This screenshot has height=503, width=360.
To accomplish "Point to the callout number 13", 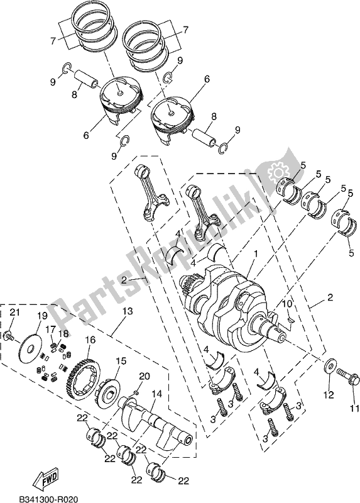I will pyautogui.click(x=128, y=311).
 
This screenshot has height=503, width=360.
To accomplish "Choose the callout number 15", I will pyautogui.click(x=121, y=361).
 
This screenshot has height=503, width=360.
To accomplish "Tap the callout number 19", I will pyautogui.click(x=41, y=315).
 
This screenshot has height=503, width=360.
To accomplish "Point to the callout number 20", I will pyautogui.click(x=144, y=376).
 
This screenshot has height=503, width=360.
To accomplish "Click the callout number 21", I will pyautogui.click(x=15, y=314).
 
